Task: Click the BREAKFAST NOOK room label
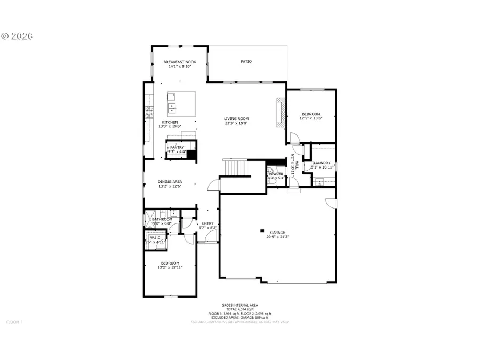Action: point(179,62)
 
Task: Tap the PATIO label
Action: point(246,62)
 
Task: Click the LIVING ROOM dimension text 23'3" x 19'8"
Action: point(236,123)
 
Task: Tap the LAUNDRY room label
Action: point(322,163)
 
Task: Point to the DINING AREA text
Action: point(170,182)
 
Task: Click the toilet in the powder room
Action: point(271,182)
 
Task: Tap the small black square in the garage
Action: point(262,230)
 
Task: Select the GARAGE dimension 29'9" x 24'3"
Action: point(277,237)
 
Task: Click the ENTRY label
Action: point(207,223)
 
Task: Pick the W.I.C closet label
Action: point(155,238)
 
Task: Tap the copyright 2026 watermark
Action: point(17,36)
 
